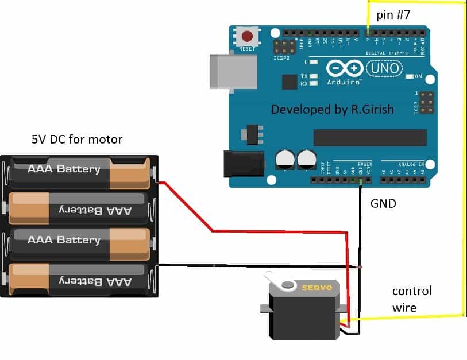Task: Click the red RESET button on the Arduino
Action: coord(248,37)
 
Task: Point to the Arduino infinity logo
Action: coord(345,69)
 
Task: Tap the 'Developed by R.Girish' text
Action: coord(332,109)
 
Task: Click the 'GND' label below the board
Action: coord(383,203)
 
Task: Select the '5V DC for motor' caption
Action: coord(76,139)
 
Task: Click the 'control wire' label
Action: coord(411,299)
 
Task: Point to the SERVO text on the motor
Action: coord(318,287)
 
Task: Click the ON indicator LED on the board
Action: coord(410,76)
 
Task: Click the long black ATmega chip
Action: coord(369,138)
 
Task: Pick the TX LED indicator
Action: coord(314,76)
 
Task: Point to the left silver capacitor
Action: coord(285,158)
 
